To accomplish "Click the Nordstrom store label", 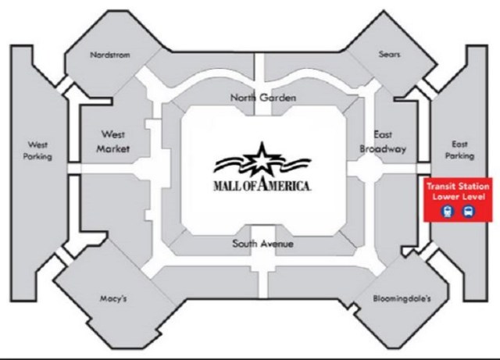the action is [109, 55].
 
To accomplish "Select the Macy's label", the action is [114, 298].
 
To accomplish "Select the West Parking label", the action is [38, 150].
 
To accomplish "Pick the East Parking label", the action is [459, 150].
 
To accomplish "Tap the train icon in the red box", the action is [448, 211].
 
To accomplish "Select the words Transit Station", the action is [458, 187].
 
